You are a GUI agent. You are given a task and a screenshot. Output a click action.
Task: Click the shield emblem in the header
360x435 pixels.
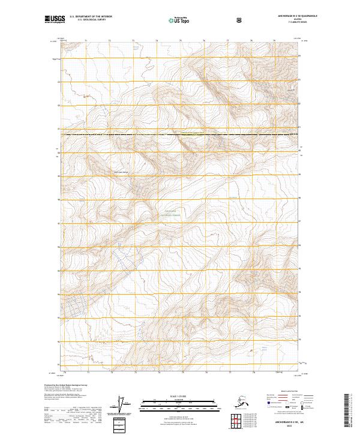239,20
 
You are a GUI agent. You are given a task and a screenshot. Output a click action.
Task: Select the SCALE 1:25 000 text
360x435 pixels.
179,397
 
